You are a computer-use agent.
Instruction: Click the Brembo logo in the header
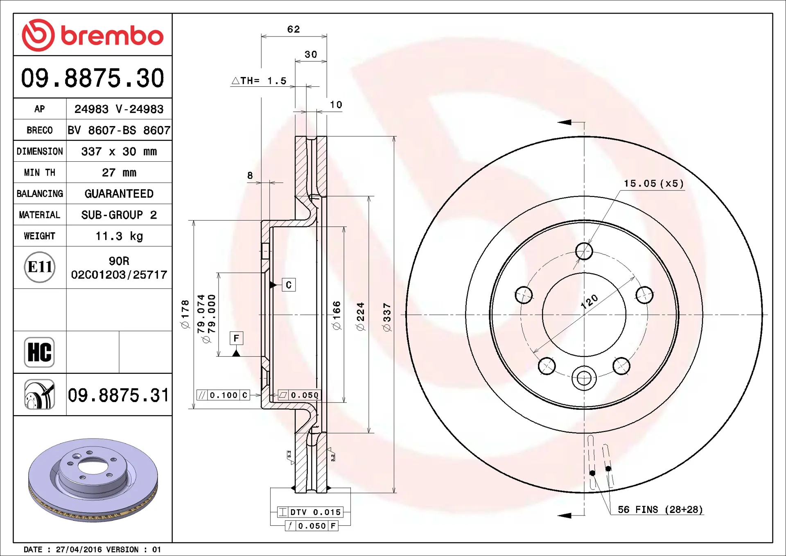point(93,35)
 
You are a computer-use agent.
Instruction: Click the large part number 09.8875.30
point(93,78)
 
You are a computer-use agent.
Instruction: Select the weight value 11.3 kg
point(119,236)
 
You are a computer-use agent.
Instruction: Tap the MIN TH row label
point(40,173)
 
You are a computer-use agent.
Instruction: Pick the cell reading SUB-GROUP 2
point(119,215)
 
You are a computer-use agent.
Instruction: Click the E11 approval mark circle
point(40,267)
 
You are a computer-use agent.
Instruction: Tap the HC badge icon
point(39,352)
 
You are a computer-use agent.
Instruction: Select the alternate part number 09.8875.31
point(118,395)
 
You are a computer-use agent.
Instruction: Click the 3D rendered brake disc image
point(93,480)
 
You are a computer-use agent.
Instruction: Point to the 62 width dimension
point(294,29)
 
